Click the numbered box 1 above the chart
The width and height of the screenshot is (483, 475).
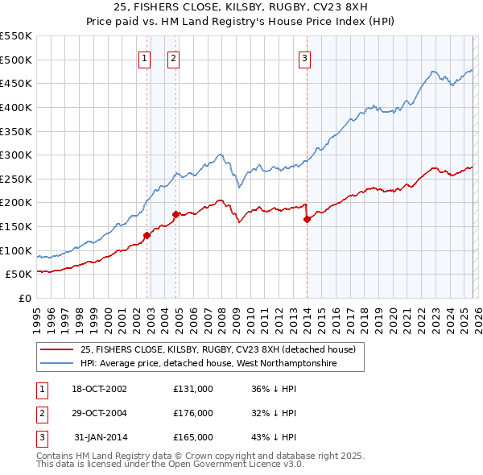[144, 57]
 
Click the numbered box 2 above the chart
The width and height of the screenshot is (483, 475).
[173, 57]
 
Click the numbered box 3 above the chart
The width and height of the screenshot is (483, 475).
[305, 57]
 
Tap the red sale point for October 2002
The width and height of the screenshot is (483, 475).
[147, 236]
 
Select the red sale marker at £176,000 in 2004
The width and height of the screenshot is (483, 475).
[176, 214]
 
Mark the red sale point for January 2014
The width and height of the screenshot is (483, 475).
[307, 219]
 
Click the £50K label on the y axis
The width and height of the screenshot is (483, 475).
[19, 274]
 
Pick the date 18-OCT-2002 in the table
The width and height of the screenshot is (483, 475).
[100, 389]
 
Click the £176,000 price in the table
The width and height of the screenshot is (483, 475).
[193, 413]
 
